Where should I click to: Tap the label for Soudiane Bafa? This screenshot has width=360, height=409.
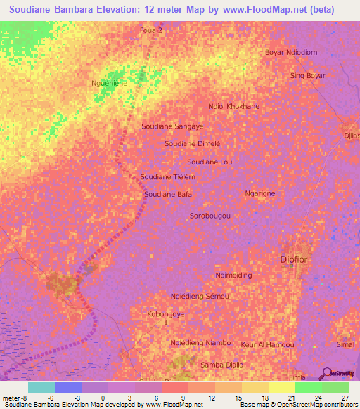[168, 194]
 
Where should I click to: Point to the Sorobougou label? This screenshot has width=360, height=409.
[210, 216]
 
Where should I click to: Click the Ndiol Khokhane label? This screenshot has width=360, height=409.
[234, 106]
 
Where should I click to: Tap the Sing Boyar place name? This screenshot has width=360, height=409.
[307, 75]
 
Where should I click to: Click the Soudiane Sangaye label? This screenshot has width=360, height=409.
[172, 126]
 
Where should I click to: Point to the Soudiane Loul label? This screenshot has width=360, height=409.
[210, 162]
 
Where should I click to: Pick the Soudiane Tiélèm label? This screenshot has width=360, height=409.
[167, 177]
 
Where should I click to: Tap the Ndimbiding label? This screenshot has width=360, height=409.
[233, 275]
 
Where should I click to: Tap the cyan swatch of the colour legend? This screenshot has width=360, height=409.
[41, 387]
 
